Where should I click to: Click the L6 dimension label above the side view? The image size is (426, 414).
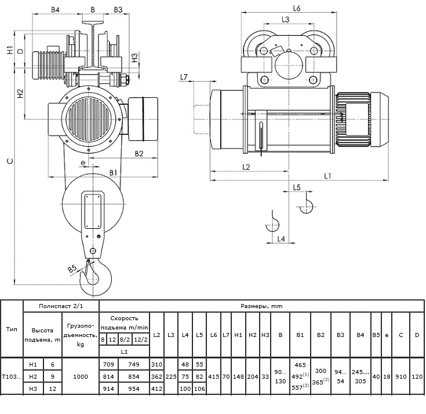[x=297, y=9]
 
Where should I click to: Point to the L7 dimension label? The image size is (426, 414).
[x=184, y=77]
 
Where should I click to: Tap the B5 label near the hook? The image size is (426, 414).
[x=72, y=269]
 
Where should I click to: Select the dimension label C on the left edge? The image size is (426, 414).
[x=10, y=161]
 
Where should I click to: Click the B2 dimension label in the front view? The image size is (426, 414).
[x=139, y=153]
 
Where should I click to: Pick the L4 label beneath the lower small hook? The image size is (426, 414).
[x=281, y=239]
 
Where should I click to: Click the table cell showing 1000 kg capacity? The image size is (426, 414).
[x=81, y=376]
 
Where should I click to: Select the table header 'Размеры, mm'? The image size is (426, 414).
[x=261, y=306]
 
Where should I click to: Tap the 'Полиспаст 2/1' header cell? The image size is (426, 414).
[x=61, y=306]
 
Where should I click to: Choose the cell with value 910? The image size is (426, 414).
[x=401, y=376]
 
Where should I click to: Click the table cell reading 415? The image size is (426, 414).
[x=213, y=376]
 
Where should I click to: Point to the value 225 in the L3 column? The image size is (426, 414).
[x=171, y=376]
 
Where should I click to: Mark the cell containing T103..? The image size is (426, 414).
[x=12, y=376]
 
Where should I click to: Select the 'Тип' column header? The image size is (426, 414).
[x=12, y=329]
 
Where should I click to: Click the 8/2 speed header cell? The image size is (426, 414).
[x=125, y=339]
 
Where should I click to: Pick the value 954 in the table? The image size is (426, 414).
[x=134, y=389]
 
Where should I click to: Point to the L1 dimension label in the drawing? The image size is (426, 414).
[x=328, y=176]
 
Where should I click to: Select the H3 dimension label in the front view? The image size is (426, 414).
[x=134, y=57]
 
